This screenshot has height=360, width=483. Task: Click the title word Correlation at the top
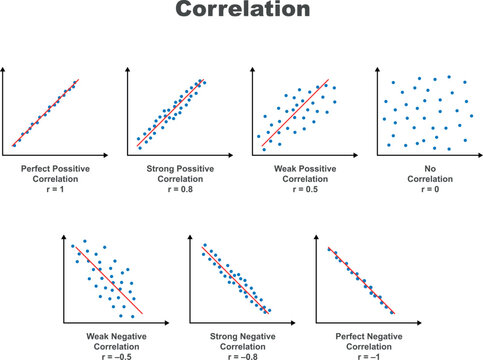coord(241,13)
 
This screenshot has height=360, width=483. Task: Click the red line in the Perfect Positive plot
coord(45,115)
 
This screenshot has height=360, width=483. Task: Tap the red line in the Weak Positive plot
coord(296,116)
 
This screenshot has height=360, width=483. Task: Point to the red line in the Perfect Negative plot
coord(362,280)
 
